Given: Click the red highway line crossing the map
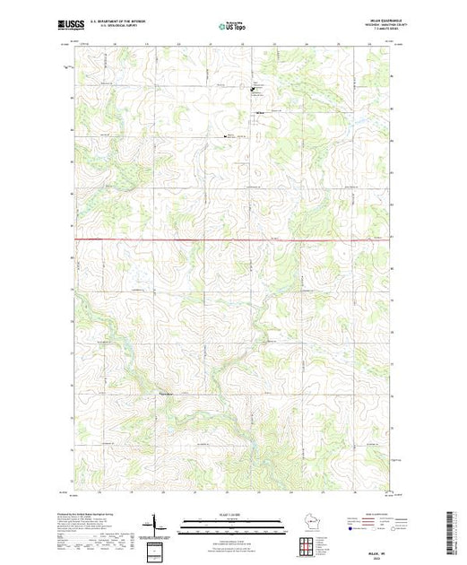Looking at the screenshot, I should [233, 239].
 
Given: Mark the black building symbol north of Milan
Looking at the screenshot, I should [252, 88].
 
